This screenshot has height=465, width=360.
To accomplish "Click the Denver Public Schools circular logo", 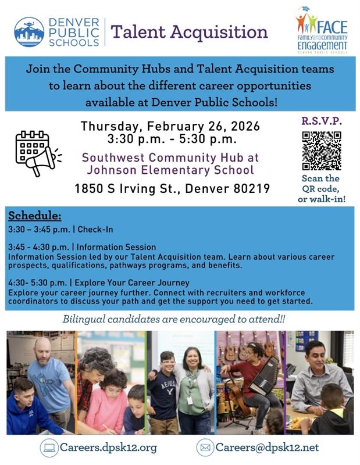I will [29, 32].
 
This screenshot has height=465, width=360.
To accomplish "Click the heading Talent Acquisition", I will [188, 31].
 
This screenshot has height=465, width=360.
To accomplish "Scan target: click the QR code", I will [322, 151].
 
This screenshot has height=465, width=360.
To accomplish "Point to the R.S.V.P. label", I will [321, 122].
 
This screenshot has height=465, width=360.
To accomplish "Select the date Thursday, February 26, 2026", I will [170, 126].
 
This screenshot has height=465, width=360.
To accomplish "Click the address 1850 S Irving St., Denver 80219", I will [172, 189].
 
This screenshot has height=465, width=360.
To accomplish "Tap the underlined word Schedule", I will [35, 216].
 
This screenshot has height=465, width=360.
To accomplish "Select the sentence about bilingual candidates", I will [173, 320].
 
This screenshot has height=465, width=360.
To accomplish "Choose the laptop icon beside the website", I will [49, 448].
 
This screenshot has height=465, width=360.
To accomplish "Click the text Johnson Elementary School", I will [170, 170].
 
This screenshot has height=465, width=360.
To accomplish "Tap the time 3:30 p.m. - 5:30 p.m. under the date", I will [172, 139].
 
